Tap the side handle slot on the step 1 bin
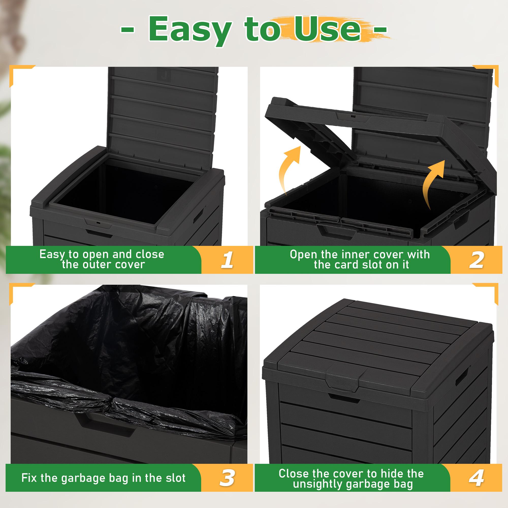pyautogui.click(x=199, y=214)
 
